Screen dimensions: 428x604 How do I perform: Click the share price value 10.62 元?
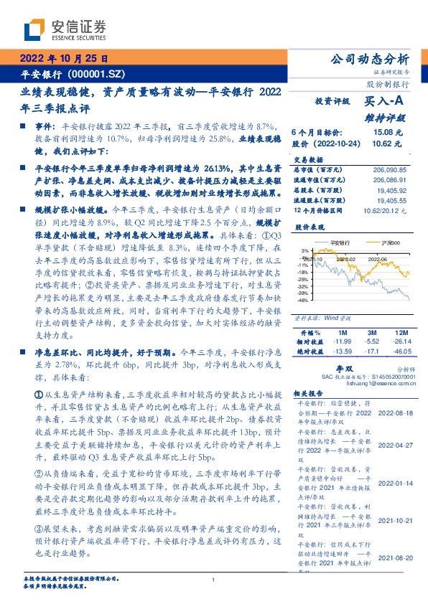click(x=381, y=143)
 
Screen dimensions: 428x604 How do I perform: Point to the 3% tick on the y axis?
click(x=304, y=251)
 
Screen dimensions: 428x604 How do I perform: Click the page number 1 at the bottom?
click(x=214, y=580)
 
